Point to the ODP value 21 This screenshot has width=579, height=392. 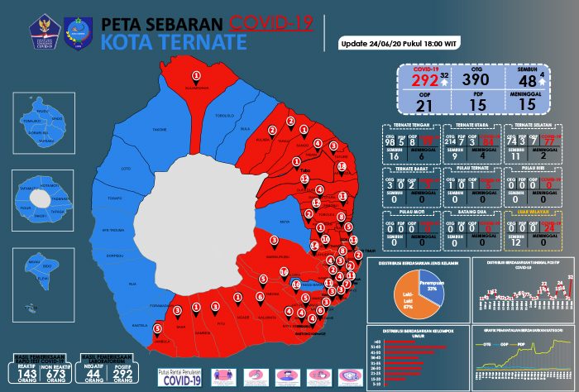pyautogui.click(x=420, y=105)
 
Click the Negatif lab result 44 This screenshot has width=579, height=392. pyautogui.click(x=94, y=376)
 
